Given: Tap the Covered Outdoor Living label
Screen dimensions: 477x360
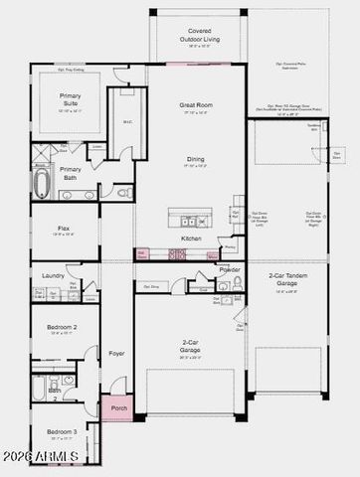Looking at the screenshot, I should pyautogui.click(x=200, y=38).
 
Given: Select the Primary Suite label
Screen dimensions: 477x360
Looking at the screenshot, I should pyautogui.click(x=71, y=99).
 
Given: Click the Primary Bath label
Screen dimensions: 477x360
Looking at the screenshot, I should pyautogui.click(x=71, y=173).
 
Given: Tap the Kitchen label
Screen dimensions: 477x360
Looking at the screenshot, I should pyautogui.click(x=191, y=238).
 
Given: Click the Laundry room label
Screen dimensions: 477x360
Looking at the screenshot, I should pyautogui.click(x=53, y=275).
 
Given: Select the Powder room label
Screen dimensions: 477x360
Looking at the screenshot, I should pyautogui.click(x=230, y=269).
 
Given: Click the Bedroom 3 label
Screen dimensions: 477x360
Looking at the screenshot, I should pyautogui.click(x=62, y=432).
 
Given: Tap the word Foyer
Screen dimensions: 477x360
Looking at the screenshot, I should pyautogui.click(x=117, y=353).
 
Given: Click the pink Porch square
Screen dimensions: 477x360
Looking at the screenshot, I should pyautogui.click(x=115, y=407).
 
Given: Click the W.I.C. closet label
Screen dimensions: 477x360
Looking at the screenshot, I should pyautogui.click(x=127, y=122).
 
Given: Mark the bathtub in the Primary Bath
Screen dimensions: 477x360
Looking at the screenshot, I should pyautogui.click(x=42, y=184).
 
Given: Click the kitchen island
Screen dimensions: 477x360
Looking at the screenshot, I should pyautogui.click(x=189, y=218).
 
